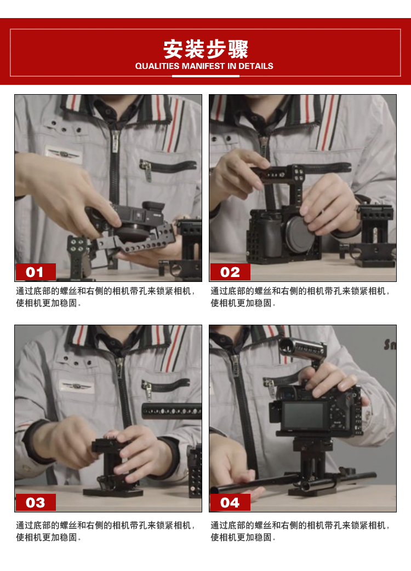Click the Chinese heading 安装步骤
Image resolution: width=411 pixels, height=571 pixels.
206,49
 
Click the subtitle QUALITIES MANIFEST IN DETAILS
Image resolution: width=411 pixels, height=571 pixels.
204,66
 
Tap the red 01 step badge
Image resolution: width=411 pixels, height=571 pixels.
36,272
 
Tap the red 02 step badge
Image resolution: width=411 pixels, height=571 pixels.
230,272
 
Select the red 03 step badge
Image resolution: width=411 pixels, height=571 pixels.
36,502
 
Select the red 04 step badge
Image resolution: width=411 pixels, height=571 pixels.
230,502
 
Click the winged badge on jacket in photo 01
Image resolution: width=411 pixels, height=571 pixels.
64,154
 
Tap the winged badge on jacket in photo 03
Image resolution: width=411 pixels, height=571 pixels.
77,386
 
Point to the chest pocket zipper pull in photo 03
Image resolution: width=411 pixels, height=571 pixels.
147,390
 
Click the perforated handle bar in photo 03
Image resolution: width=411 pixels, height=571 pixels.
172,411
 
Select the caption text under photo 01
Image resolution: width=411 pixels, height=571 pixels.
106,297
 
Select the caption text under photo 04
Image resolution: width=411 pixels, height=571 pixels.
300,531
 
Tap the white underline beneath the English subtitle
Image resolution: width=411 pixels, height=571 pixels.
206,76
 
